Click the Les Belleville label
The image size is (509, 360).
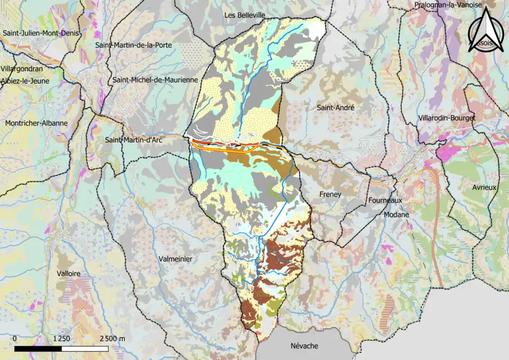[244, 15]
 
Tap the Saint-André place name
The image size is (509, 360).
[335, 108]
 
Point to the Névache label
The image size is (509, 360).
[305, 346]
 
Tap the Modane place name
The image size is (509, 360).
[397, 215]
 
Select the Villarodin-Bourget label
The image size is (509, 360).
[447, 117]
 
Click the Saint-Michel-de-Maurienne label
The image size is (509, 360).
[155, 80]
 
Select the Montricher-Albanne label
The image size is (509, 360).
[36, 123]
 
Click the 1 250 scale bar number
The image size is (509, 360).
[62, 339]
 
